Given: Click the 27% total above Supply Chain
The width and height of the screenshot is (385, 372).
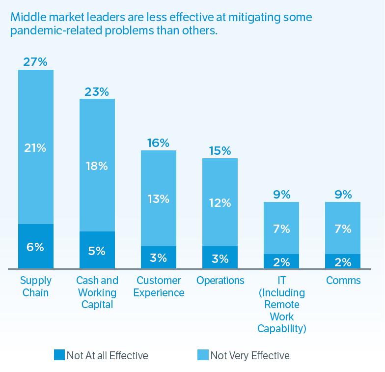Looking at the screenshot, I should click(35, 62).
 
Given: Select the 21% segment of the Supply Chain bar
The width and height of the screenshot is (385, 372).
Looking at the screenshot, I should click(35, 147).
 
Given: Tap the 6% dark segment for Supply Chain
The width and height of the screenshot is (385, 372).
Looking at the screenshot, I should click(35, 247).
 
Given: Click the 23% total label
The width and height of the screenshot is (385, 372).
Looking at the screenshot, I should click(97, 91).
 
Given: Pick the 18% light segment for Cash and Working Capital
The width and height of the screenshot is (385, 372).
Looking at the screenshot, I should click(97, 166).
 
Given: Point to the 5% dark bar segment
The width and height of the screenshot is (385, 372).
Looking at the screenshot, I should click(97, 251).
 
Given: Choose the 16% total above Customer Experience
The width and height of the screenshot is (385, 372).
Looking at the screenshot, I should click(158, 143).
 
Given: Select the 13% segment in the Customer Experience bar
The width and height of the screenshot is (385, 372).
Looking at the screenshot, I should click(158, 199).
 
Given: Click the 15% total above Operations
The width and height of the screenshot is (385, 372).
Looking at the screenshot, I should click(220, 151).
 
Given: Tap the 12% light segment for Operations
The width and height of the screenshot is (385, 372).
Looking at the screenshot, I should click(220, 202).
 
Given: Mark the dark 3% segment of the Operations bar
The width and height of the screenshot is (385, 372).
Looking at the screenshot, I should click(220, 258).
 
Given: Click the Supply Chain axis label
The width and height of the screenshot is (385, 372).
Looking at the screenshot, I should click(35, 286).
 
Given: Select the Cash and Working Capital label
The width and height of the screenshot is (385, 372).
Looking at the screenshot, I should click(97, 292).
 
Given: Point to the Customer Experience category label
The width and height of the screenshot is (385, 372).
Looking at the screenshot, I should click(160, 286).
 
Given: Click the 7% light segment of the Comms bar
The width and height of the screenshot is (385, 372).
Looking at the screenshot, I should click(343, 229).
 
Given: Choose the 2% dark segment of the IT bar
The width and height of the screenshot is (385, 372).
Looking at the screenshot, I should click(281, 261).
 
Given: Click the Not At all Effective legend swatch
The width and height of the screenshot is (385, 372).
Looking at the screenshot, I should click(59, 355).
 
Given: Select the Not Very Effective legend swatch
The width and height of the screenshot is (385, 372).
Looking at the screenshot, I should click(203, 355).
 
